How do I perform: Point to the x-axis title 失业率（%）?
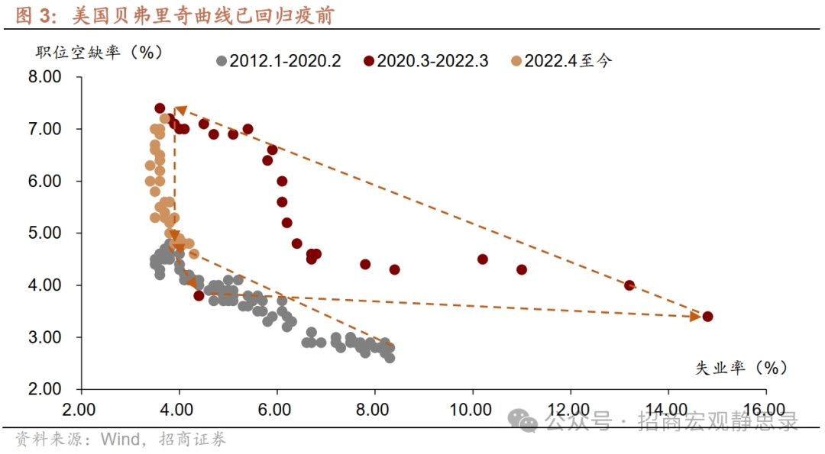tap(740, 368)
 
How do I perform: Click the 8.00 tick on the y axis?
tap(45, 77)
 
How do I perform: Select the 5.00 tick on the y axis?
tap(45, 233)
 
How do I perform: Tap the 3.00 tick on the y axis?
tap(45, 336)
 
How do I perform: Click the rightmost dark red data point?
tap(707, 316)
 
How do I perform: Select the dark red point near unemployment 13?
tap(629, 285)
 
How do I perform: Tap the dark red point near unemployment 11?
tap(522, 269)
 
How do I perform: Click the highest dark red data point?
tap(160, 108)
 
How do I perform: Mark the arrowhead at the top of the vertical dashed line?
tap(180, 112)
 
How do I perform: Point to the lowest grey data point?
tap(390, 357)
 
